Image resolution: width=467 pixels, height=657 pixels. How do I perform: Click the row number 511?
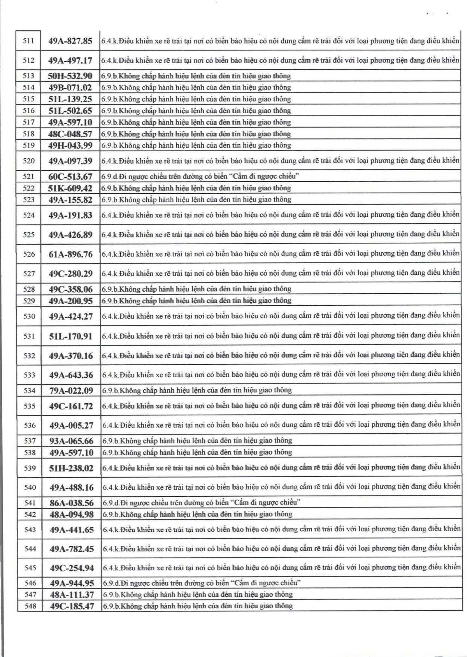[29, 41]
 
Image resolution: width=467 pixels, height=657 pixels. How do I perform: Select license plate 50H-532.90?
[70, 76]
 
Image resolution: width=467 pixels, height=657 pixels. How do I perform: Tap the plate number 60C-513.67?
[70, 176]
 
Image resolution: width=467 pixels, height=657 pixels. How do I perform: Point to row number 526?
[29, 254]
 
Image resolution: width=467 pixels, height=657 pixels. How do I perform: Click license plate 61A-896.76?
[71, 254]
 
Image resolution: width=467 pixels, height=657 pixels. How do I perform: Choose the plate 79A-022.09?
[71, 391]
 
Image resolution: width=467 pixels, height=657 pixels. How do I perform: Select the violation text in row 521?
[200, 176]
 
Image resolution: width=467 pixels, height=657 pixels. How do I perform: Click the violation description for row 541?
[201, 503]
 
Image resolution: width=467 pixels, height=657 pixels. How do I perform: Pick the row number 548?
[30, 606]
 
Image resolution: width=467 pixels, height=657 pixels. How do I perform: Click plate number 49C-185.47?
[72, 606]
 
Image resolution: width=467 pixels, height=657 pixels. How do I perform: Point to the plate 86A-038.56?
[72, 503]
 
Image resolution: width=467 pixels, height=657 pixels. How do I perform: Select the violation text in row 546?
[201, 583]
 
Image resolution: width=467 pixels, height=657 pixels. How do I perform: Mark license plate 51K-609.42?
[70, 188]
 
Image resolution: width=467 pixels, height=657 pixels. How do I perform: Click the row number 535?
[30, 406]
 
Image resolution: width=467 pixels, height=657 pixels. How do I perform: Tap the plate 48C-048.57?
[70, 134]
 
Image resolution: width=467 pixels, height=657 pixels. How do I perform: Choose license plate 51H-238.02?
[71, 468]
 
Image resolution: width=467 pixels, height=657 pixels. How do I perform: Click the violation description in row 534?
[197, 390]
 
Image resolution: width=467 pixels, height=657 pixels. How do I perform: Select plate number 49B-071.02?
[70, 88]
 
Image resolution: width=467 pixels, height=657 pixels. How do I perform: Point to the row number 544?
[30, 549]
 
